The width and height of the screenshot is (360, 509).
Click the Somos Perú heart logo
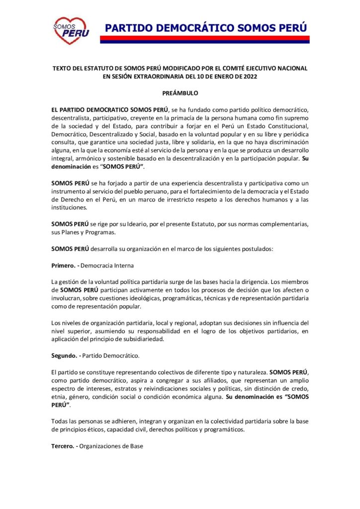click(71, 31)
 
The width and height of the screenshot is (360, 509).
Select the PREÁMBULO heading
click(180, 93)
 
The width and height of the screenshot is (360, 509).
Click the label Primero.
click(64, 265)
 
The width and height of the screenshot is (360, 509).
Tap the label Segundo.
click(65, 356)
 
